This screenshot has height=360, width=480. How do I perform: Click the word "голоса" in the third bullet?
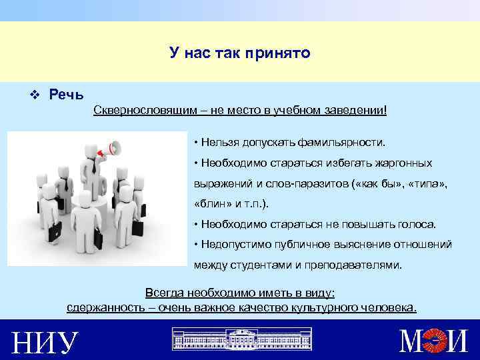point(416,224)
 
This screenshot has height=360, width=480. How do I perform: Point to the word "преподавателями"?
point(353,265)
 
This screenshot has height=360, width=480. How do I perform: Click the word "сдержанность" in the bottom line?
point(100,307)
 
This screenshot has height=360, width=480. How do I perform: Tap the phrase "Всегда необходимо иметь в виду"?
point(240,293)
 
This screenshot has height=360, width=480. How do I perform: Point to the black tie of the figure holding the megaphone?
point(95,165)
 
